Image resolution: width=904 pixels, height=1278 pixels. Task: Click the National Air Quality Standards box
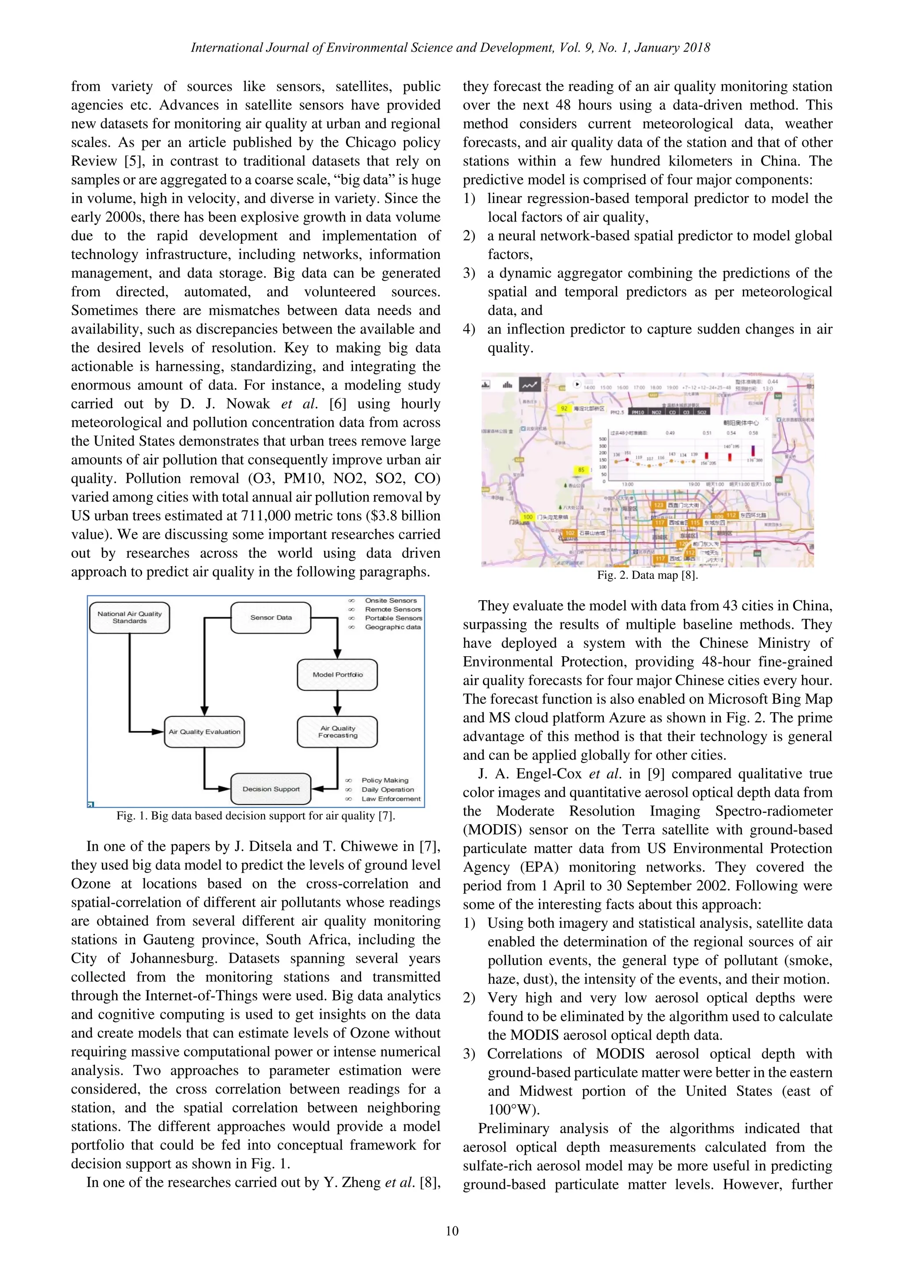click(x=129, y=617)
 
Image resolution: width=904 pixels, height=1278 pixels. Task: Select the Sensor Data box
click(x=271, y=617)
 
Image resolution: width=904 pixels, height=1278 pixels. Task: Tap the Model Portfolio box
click(x=337, y=675)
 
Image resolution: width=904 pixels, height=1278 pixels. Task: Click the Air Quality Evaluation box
click(x=204, y=731)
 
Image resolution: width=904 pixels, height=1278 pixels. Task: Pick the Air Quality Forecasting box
click(x=337, y=731)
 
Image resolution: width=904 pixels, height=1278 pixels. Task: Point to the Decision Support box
click(x=271, y=789)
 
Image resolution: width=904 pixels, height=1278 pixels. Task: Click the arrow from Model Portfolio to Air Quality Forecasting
click(x=337, y=703)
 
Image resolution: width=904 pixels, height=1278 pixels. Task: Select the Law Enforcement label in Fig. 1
click(x=391, y=799)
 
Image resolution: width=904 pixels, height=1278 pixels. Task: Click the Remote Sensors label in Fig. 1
click(x=392, y=609)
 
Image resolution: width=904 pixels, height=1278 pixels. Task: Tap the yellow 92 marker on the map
click(x=564, y=408)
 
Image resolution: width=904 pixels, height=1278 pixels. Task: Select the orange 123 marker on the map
click(x=659, y=505)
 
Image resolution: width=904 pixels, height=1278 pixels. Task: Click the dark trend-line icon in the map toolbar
click(x=529, y=384)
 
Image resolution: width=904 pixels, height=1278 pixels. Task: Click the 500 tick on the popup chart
click(x=602, y=439)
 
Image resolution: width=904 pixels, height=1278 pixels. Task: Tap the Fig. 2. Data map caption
click(x=647, y=575)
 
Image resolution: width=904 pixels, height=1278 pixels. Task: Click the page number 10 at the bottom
click(x=452, y=1231)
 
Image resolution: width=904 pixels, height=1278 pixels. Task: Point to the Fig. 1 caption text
click(x=256, y=816)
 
